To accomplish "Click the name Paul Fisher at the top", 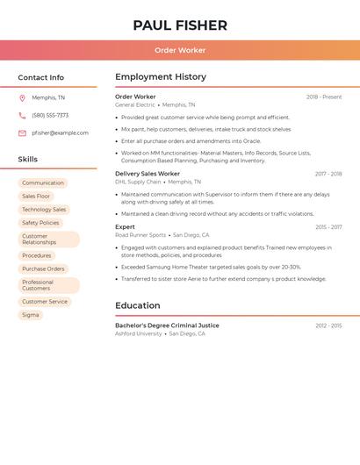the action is (x=180, y=25).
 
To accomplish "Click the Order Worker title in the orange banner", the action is (x=180, y=50).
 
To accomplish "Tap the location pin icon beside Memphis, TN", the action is (x=22, y=97).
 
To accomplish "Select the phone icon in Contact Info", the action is (x=22, y=115).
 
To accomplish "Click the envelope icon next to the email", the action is (x=22, y=132).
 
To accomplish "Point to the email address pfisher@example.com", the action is (x=60, y=132).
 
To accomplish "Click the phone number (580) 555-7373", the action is (x=50, y=115).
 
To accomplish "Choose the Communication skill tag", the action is (x=43, y=183).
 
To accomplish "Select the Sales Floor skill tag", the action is (x=36, y=197).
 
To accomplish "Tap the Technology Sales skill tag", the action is (x=44, y=210).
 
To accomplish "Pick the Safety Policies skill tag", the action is (x=40, y=223).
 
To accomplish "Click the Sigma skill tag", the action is (x=31, y=315).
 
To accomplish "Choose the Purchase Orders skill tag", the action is (x=43, y=268).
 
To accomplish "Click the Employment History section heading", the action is (x=161, y=77).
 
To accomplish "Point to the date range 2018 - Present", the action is (x=324, y=97).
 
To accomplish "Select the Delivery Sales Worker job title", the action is (x=148, y=174).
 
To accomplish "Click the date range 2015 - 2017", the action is (x=328, y=227).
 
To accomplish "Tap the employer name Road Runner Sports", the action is (x=140, y=235).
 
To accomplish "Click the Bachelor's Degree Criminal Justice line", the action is (x=167, y=325).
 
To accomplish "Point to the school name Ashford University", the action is (x=139, y=333).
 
